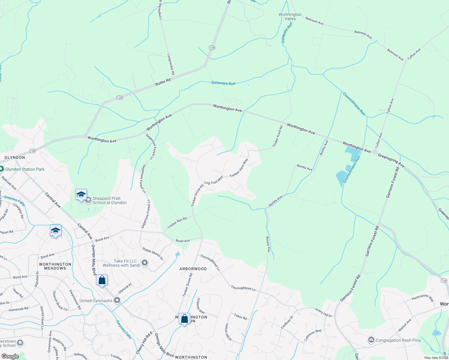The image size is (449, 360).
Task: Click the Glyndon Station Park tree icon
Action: (2, 169)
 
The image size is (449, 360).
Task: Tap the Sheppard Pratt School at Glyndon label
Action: (110, 200)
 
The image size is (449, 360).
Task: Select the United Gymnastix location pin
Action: (117, 300)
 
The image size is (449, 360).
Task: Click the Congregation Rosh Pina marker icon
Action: (371, 340)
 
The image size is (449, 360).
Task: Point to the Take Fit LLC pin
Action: (145, 263)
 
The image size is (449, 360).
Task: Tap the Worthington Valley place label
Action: (290, 16)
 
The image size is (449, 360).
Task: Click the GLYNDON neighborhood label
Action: (15, 157)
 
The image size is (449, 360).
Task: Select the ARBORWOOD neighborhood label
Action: (193, 269)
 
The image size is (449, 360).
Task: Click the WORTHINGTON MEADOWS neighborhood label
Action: (55, 266)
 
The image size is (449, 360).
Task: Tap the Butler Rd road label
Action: (163, 82)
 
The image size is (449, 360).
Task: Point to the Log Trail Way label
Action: (214, 180)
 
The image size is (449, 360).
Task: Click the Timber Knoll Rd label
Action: (277, 136)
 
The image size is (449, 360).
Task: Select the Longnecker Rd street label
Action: (170, 64)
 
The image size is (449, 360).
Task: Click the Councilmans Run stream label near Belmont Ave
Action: (354, 104)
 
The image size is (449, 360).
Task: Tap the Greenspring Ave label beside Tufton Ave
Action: (391, 160)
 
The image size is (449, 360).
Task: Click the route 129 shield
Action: (444, 280)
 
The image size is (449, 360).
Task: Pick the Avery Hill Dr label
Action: (324, 313)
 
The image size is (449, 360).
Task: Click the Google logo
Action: (10, 356)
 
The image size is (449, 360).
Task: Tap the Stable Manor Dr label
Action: (153, 253)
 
